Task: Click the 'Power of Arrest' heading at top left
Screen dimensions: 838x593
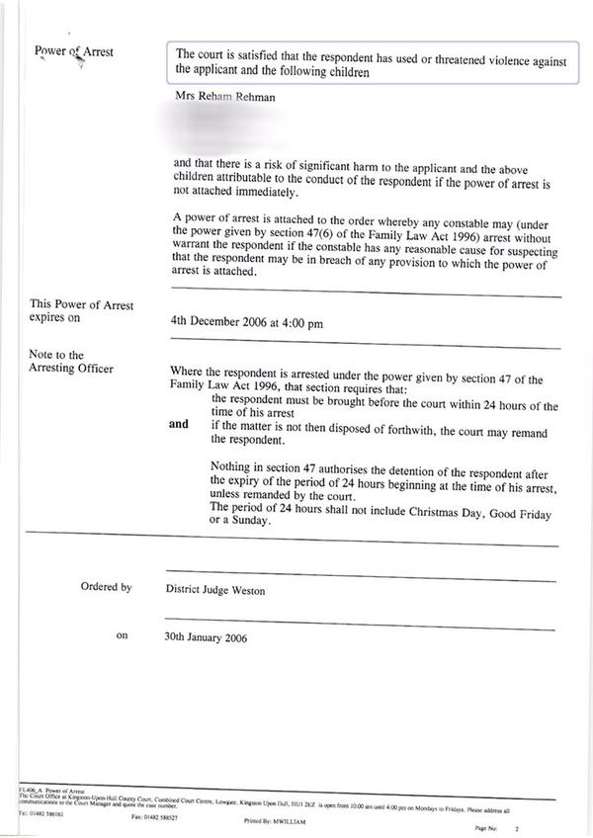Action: (73, 51)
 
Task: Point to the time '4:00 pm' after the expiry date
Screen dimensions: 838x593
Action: (303, 322)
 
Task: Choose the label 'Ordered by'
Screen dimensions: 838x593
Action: (106, 587)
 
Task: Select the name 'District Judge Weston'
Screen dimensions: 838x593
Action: (214, 591)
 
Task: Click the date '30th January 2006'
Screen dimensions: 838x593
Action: (207, 637)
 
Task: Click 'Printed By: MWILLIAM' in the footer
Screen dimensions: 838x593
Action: (278, 820)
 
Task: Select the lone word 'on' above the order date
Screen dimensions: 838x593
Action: (123, 636)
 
